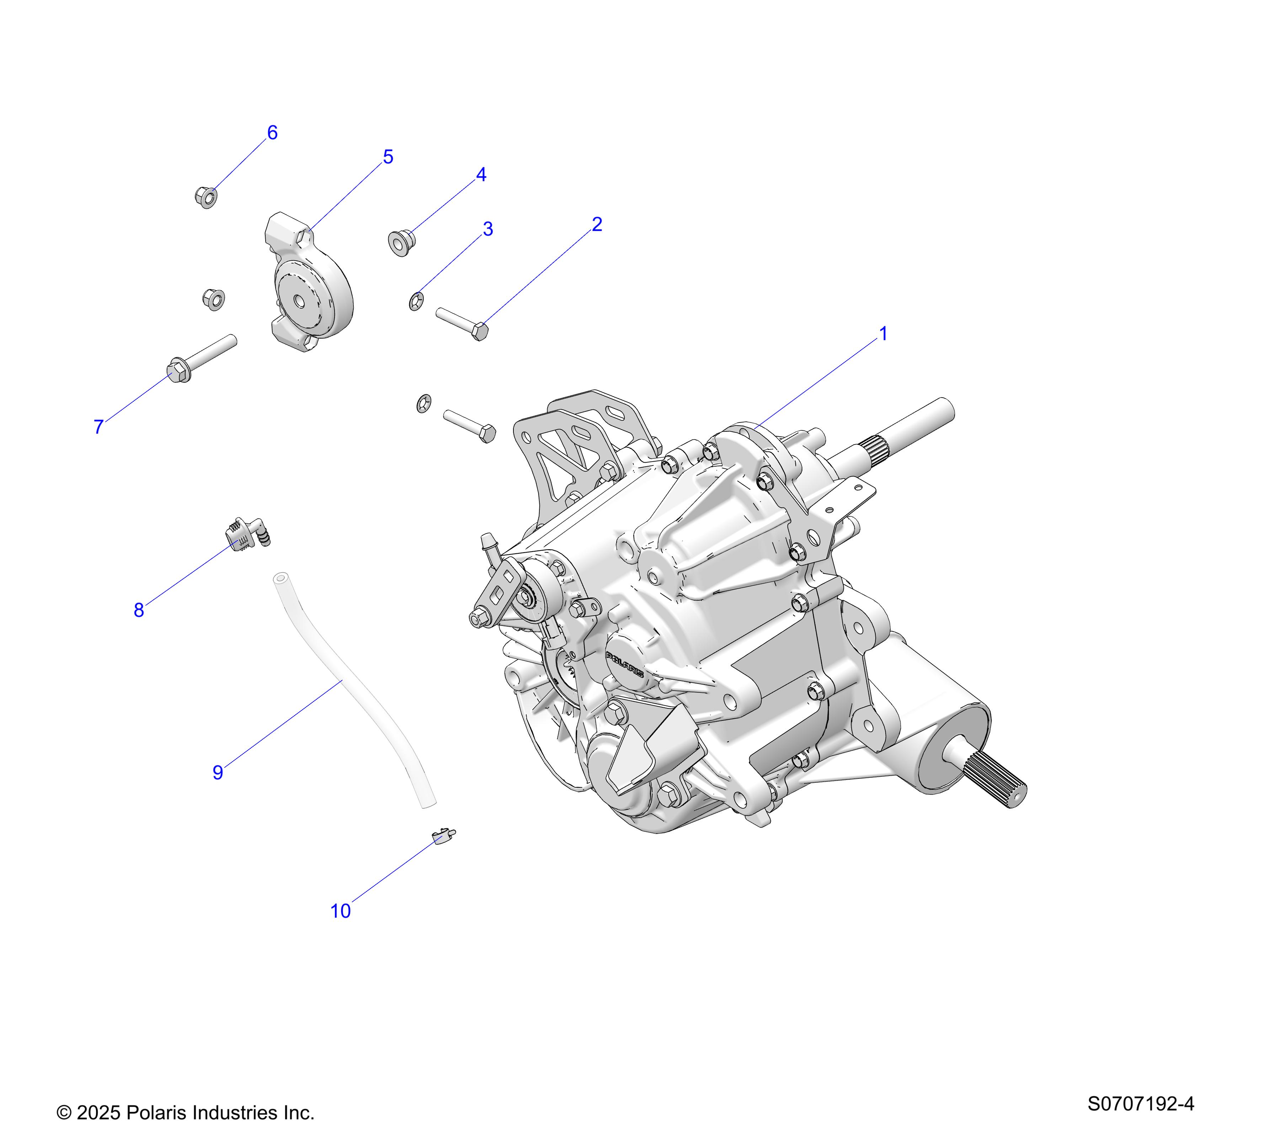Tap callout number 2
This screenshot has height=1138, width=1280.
point(597,224)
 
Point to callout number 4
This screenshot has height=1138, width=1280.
point(481,175)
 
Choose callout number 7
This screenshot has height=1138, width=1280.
point(98,427)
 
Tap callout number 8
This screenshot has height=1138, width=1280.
point(139,610)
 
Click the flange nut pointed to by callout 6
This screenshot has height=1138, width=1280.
point(206,197)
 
